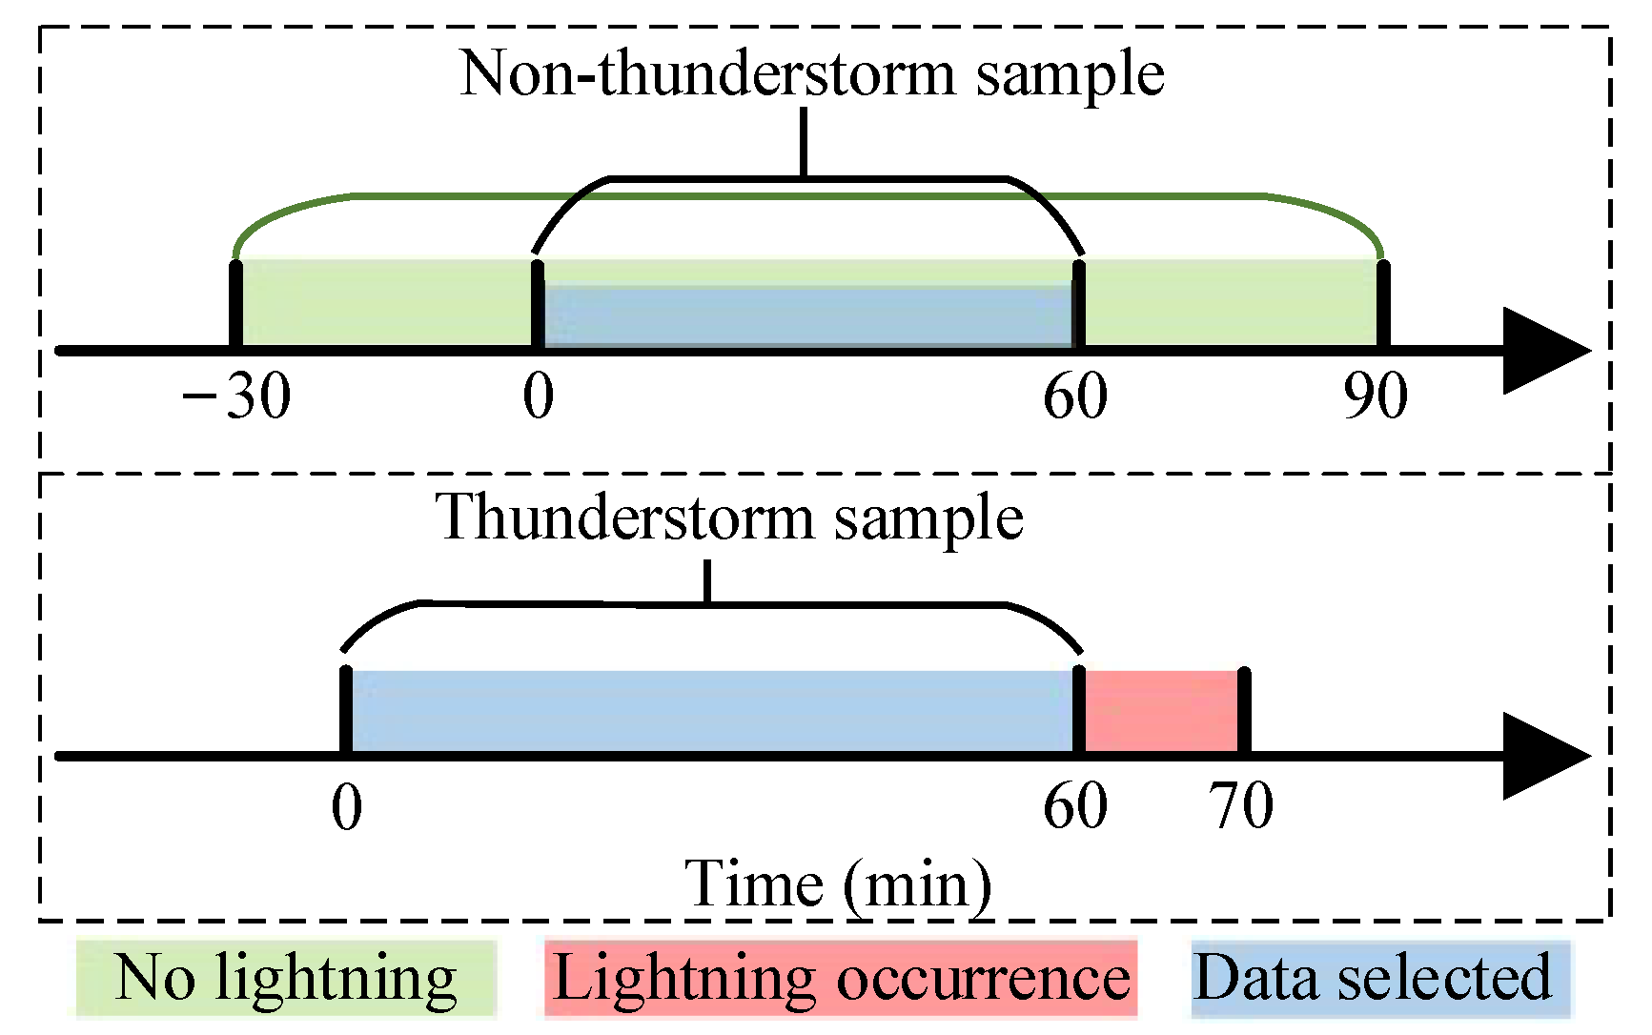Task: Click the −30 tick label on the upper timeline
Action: coord(236,396)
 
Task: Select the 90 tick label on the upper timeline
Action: coord(1376,396)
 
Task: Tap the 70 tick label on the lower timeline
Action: coord(1241,806)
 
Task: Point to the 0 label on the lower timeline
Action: coord(347,807)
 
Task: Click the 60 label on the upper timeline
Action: coord(1075,396)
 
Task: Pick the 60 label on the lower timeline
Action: coord(1075,806)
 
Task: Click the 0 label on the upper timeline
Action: coord(539,396)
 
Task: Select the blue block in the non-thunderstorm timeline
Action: coord(807,316)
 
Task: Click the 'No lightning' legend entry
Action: coord(286,979)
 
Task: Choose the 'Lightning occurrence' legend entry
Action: coord(841,979)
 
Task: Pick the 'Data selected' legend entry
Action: coord(1373,979)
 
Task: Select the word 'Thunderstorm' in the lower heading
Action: coord(625,518)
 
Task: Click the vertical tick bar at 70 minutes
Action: coord(1244,711)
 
